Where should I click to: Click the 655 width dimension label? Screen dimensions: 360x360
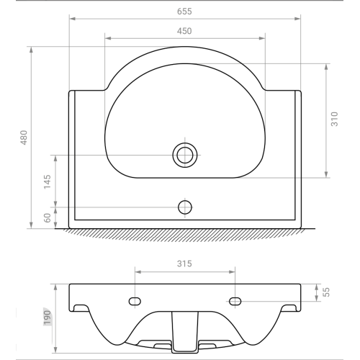[184, 12]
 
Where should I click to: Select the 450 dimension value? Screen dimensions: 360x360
[184, 31]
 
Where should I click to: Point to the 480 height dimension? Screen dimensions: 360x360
[24, 138]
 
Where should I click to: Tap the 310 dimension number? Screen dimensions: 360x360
[334, 119]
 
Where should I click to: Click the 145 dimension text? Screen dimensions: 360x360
[48, 181]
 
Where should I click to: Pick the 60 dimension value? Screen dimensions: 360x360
[48, 217]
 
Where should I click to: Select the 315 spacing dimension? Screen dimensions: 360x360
[184, 264]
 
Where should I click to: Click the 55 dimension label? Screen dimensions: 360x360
[326, 292]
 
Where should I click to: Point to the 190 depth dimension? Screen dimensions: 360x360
[48, 318]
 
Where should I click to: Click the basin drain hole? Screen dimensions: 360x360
[185, 155]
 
